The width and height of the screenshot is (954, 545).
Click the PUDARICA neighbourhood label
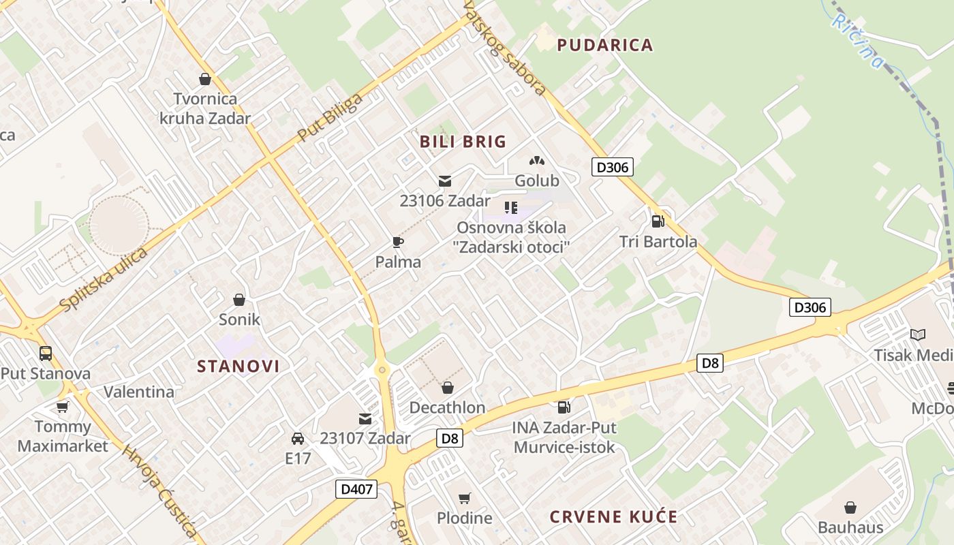tap(605, 45)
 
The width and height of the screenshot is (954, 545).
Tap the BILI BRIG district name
tap(463, 142)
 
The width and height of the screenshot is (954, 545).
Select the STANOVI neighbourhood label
tap(238, 366)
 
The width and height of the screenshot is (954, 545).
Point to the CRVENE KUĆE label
tap(614, 516)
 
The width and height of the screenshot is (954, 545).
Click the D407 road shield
tap(356, 488)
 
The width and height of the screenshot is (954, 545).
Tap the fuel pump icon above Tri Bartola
tap(658, 221)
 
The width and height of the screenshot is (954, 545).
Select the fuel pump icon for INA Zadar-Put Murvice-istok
tap(564, 407)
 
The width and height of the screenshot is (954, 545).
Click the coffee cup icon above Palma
tap(398, 242)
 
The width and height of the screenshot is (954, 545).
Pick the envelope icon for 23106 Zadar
tap(445, 181)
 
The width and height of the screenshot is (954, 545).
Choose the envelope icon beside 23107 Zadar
tap(365, 418)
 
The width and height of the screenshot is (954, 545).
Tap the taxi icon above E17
tap(298, 438)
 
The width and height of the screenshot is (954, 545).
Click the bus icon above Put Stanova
tap(46, 354)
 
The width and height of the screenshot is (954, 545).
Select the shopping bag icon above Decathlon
tap(447, 388)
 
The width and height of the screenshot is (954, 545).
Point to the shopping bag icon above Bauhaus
tap(850, 508)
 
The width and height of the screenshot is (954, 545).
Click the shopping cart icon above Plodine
tap(465, 498)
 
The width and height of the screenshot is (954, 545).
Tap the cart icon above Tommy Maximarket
tap(63, 407)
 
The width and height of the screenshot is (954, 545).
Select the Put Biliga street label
tap(331, 117)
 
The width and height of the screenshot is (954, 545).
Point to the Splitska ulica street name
tap(104, 280)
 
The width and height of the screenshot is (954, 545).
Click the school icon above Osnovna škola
tap(511, 207)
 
